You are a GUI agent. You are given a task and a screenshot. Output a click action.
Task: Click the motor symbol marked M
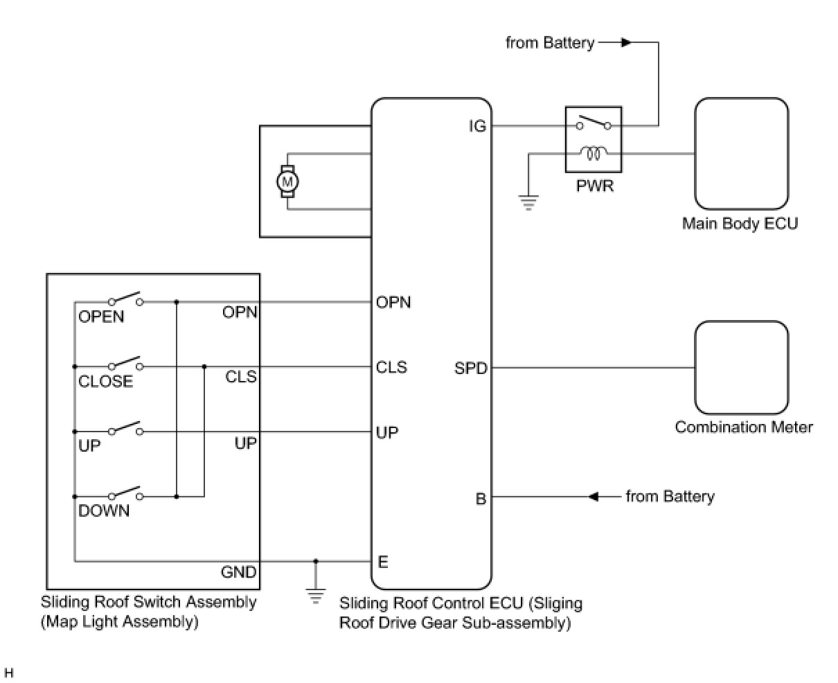(287, 181)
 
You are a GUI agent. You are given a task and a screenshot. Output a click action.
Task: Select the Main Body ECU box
(741, 154)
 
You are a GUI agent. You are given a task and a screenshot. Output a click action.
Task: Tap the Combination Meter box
(741, 368)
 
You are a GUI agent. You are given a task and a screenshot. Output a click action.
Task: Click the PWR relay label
(595, 186)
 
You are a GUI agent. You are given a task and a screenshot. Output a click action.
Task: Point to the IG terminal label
(478, 126)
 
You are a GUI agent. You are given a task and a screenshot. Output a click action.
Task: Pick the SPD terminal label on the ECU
(471, 368)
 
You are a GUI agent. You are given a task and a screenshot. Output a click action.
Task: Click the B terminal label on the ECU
(481, 498)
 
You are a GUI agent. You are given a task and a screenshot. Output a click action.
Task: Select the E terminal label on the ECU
(383, 562)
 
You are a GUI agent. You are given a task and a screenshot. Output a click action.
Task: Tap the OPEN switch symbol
(125, 300)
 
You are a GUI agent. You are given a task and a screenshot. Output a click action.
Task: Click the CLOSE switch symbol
(125, 364)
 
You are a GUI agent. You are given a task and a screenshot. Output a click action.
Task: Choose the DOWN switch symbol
(125, 495)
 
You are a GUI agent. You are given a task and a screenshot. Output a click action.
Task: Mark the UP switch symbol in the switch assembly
(125, 429)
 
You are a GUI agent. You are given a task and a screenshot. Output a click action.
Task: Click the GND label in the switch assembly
(238, 572)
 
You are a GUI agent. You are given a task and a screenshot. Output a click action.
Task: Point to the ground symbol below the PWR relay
(528, 203)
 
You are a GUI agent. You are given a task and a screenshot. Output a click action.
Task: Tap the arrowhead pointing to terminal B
(594, 497)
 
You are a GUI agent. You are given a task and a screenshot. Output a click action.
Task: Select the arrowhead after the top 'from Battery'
(625, 43)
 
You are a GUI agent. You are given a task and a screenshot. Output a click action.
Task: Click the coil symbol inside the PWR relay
(594, 151)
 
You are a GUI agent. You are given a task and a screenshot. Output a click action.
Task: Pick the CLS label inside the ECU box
(391, 367)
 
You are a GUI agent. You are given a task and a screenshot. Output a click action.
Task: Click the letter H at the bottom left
(9, 673)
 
